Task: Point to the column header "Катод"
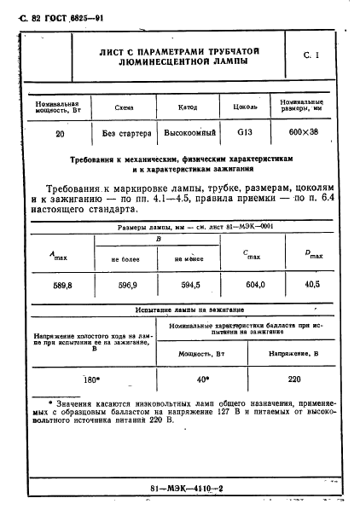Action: point(188,107)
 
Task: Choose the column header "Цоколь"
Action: point(245,107)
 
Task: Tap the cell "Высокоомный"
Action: point(188,134)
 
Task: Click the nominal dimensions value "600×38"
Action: point(303,134)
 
